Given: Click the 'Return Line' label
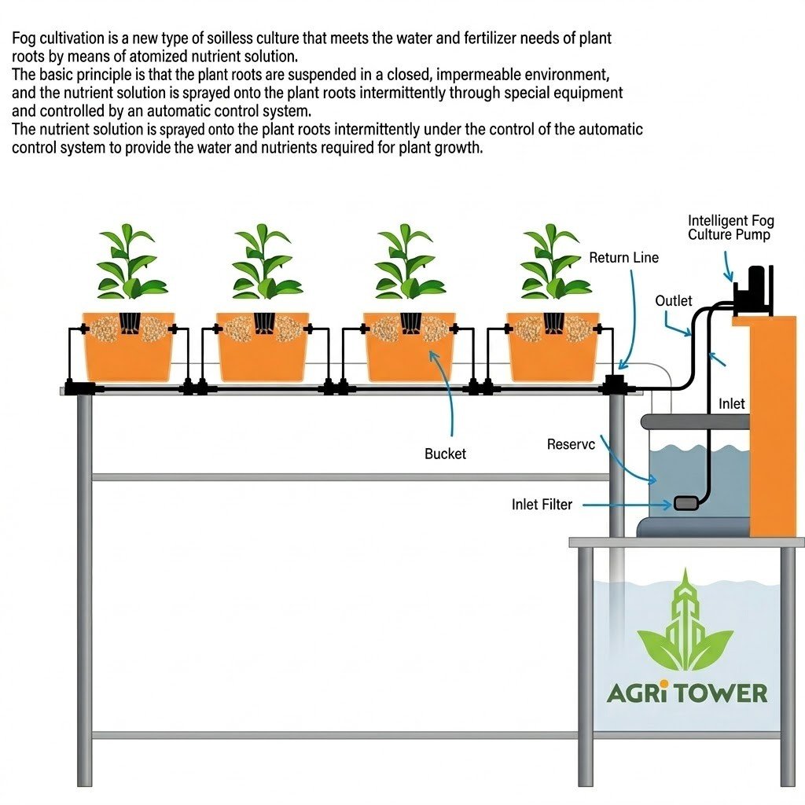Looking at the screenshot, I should (x=623, y=258).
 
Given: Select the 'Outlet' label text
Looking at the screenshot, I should (x=674, y=301).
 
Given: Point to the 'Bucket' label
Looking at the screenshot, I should (x=445, y=454).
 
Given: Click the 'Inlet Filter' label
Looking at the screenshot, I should (x=542, y=505).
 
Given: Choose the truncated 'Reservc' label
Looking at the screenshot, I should (x=571, y=445).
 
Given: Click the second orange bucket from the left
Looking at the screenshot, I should (x=262, y=346).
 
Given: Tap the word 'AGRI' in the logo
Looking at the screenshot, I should (x=638, y=693).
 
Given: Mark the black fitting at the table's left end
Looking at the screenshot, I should (x=79, y=388).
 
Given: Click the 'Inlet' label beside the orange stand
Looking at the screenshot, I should (x=732, y=404).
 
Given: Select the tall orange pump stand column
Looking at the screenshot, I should (x=774, y=425).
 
